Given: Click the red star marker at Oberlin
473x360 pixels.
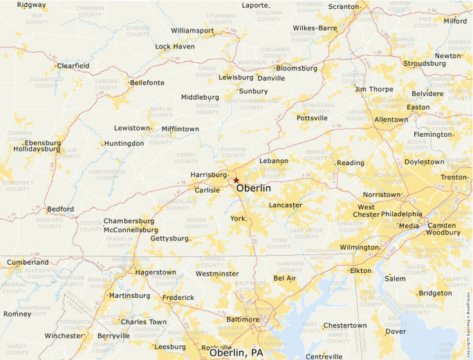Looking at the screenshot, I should pyautogui.click(x=236, y=180).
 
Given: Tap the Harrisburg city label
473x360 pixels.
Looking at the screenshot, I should pyautogui.click(x=209, y=175).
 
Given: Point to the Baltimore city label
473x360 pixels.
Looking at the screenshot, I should pyautogui.click(x=243, y=320).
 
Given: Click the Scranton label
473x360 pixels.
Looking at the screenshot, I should pyautogui.click(x=344, y=7).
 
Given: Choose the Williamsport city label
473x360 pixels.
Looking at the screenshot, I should pyautogui.click(x=192, y=31).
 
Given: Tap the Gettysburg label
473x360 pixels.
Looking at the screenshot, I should pyautogui.click(x=169, y=238).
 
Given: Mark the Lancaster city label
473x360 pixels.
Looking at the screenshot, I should pyautogui.click(x=286, y=205).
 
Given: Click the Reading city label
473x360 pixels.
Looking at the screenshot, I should pyautogui.click(x=351, y=163).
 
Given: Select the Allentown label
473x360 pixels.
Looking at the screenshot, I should pyautogui.click(x=391, y=120).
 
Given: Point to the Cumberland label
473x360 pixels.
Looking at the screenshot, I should pyautogui.click(x=28, y=263).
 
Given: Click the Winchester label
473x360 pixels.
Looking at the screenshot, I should pyautogui.click(x=64, y=336).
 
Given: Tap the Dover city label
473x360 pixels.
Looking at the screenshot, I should pyautogui.click(x=396, y=332).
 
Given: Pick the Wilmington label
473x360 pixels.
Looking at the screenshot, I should pyautogui.click(x=359, y=247).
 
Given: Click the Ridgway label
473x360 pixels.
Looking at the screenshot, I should pyautogui.click(x=32, y=5).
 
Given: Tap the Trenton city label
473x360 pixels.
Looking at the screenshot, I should pyautogui.click(x=454, y=178).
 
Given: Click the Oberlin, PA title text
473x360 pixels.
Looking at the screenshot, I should pyautogui.click(x=236, y=353).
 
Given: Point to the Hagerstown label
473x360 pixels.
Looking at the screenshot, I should pyautogui.click(x=156, y=272).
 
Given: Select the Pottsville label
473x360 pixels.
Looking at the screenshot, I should pyautogui.click(x=313, y=118).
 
